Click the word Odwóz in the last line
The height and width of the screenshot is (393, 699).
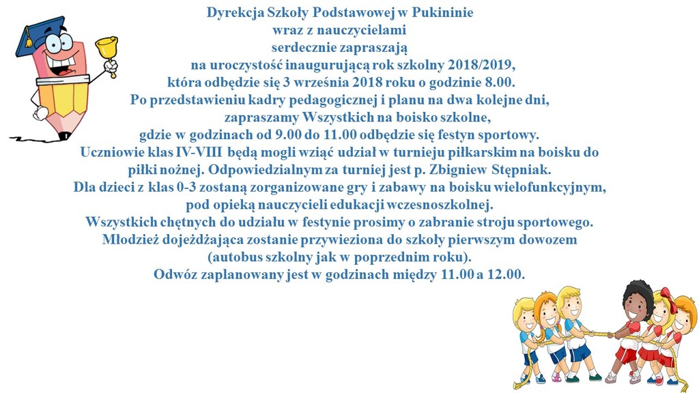tap(176, 275)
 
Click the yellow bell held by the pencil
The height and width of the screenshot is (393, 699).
tap(105, 48)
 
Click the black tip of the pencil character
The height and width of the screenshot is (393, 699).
tap(64, 136)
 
